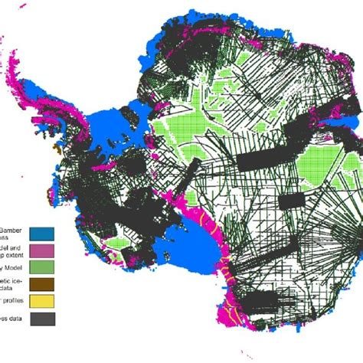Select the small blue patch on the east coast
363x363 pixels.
(x=352, y=123)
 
